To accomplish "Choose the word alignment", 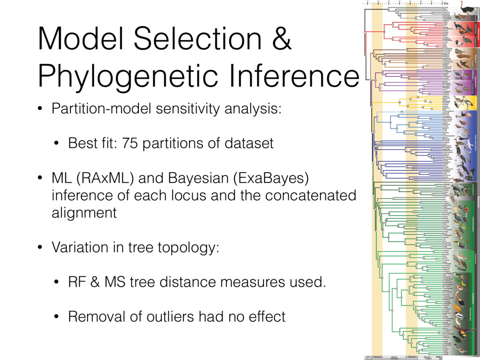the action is [x=84, y=213].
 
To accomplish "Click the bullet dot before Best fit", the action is [x=56, y=143].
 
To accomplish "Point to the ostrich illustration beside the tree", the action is [x=467, y=9].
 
